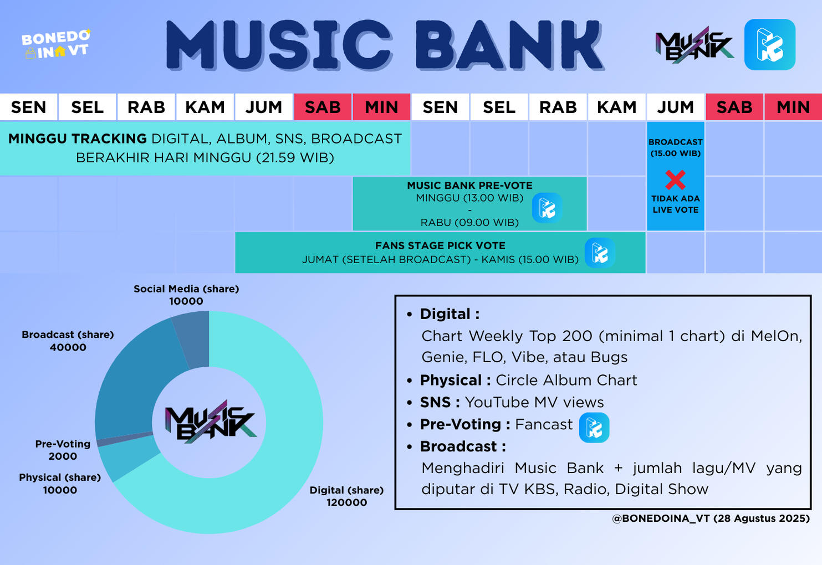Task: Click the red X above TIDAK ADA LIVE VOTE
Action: (675, 179)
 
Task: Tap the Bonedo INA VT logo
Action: (55, 44)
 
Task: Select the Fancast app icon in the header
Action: (769, 45)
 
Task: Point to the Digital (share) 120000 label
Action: (346, 496)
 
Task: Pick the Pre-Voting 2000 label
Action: (63, 450)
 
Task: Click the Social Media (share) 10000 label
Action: (186, 295)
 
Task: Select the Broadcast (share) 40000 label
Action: (68, 341)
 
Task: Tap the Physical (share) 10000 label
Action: (60, 484)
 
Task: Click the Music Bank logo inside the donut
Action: (210, 422)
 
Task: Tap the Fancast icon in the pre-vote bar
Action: (547, 208)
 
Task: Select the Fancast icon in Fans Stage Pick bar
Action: (600, 253)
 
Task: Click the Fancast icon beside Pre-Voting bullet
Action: (594, 428)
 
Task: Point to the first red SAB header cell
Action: (323, 107)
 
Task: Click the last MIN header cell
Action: (793, 107)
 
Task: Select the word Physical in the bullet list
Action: (451, 380)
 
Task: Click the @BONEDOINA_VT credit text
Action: (711, 518)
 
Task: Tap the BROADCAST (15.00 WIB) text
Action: (675, 147)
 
